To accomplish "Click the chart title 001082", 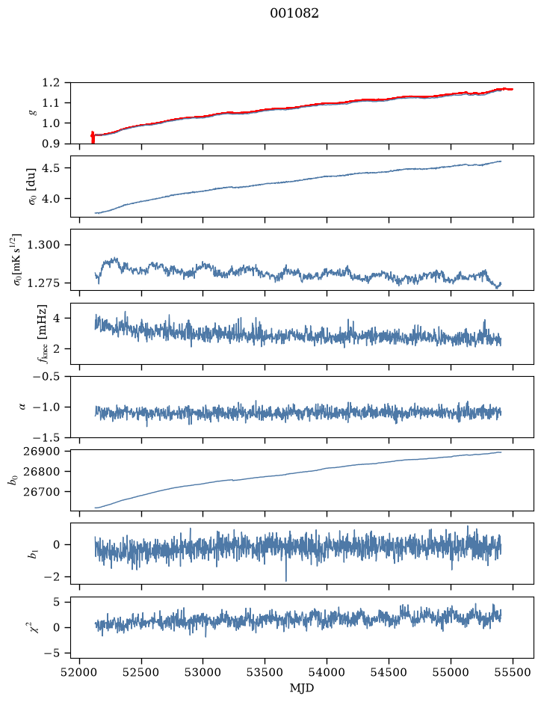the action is coord(294,13).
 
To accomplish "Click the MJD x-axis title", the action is coord(302,688).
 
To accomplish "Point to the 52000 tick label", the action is coord(80,672).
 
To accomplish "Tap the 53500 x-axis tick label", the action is coord(265,672).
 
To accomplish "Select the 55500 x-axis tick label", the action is coord(513,672).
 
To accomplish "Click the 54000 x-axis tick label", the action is coord(327,672).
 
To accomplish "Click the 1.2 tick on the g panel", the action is coord(51,83).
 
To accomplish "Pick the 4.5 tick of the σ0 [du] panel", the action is coord(51,168).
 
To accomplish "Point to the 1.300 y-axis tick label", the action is coord(43,245).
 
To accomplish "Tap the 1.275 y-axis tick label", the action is coord(43,283).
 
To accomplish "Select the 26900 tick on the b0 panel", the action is coord(41,452).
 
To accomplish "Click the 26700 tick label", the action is coord(41,492).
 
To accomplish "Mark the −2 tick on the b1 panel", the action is coord(52,577).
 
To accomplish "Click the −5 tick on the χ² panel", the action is coord(52,653).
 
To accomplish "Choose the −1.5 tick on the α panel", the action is coord(46,437).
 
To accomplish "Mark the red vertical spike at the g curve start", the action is coord(93,138).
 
